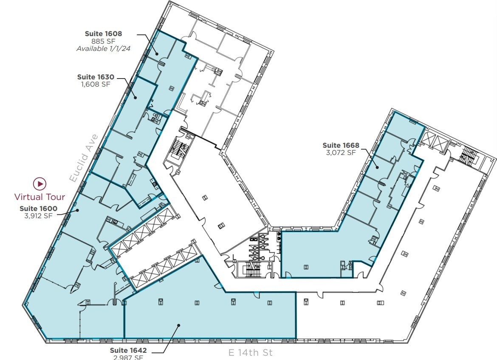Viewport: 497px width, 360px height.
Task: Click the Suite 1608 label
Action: [103, 34]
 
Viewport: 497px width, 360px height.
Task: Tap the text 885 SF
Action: [103, 41]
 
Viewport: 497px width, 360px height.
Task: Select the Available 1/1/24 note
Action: [103, 48]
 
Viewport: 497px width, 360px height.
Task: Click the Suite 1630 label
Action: [96, 77]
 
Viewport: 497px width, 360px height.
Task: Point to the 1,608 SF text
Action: [96, 84]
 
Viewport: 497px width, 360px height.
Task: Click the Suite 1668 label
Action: [341, 145]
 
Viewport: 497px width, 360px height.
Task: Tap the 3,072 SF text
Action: [341, 153]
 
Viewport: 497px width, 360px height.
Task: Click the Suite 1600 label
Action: [38, 208]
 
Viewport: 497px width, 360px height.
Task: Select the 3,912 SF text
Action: [38, 216]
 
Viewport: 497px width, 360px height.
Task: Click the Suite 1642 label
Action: [128, 350]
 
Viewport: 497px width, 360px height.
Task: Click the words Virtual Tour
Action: [40, 197]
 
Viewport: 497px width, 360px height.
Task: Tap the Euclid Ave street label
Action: [84, 158]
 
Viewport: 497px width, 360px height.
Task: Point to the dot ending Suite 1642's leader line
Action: [179, 326]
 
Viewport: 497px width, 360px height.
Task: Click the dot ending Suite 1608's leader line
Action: [157, 53]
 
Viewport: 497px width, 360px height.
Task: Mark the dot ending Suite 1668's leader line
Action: [377, 167]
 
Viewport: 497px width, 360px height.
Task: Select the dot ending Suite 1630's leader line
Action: [136, 98]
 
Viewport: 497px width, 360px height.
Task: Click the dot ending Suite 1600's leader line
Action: [77, 210]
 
